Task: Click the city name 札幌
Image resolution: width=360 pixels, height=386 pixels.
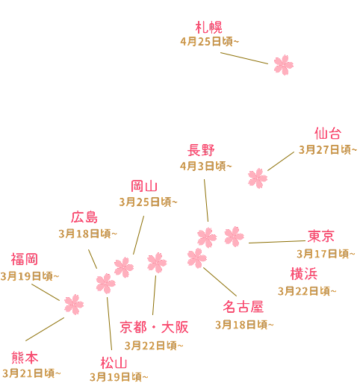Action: click(208, 28)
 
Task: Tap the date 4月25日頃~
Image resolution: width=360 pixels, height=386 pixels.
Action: click(210, 42)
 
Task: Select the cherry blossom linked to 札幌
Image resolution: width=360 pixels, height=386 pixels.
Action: click(283, 65)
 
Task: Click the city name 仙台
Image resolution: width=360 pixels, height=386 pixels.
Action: click(328, 134)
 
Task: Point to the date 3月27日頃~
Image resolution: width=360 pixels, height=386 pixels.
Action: click(328, 150)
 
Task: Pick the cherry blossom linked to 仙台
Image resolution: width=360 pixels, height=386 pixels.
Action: click(258, 178)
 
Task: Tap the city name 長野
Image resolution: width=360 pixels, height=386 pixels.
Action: click(201, 150)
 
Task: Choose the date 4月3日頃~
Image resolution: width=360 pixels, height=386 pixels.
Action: click(206, 166)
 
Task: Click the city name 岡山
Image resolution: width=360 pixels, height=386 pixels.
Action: click(144, 186)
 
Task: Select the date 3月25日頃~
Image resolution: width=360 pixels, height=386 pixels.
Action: click(148, 202)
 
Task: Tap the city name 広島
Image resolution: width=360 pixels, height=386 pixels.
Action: click(84, 217)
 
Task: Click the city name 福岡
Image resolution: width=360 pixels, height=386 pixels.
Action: click(24, 259)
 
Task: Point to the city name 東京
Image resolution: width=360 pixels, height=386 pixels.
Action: click(321, 236)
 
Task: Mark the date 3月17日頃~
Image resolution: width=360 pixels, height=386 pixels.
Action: click(326, 254)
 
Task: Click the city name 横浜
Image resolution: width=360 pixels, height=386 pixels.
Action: click(304, 274)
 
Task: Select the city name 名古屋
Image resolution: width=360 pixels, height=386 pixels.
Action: click(243, 306)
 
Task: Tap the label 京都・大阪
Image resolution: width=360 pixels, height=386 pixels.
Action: click(154, 327)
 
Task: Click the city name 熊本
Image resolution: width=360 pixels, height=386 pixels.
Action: click(25, 358)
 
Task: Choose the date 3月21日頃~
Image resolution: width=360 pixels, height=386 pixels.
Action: click(31, 373)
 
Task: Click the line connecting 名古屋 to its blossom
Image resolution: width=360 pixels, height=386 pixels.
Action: click(220, 282)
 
